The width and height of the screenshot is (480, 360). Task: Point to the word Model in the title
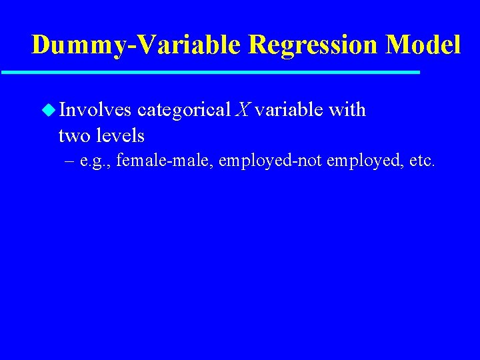pyautogui.click(x=423, y=45)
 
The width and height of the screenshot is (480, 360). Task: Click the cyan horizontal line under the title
pyautogui.click(x=210, y=72)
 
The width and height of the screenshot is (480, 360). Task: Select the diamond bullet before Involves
pyautogui.click(x=48, y=109)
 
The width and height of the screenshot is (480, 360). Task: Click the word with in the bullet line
pyautogui.click(x=347, y=109)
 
